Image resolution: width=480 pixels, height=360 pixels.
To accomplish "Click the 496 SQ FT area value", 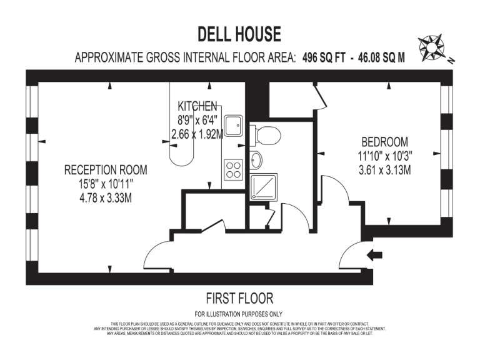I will click(324, 58).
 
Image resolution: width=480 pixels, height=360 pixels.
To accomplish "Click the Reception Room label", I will click(106, 170).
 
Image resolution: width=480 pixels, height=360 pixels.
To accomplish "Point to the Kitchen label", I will click(197, 106).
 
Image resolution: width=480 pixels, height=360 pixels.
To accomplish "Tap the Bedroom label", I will click(384, 142).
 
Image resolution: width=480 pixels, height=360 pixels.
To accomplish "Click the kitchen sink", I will click(234, 125).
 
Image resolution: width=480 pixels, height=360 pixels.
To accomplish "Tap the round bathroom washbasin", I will click(257, 160).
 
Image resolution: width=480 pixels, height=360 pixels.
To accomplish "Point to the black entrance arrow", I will click(376, 254).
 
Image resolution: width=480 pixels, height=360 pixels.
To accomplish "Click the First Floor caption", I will click(239, 298).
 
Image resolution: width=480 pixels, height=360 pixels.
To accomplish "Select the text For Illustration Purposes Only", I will click(239, 314).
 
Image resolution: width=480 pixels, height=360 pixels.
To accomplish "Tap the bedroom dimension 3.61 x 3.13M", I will click(384, 169).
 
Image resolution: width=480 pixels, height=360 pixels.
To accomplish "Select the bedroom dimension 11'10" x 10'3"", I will click(384, 156).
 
